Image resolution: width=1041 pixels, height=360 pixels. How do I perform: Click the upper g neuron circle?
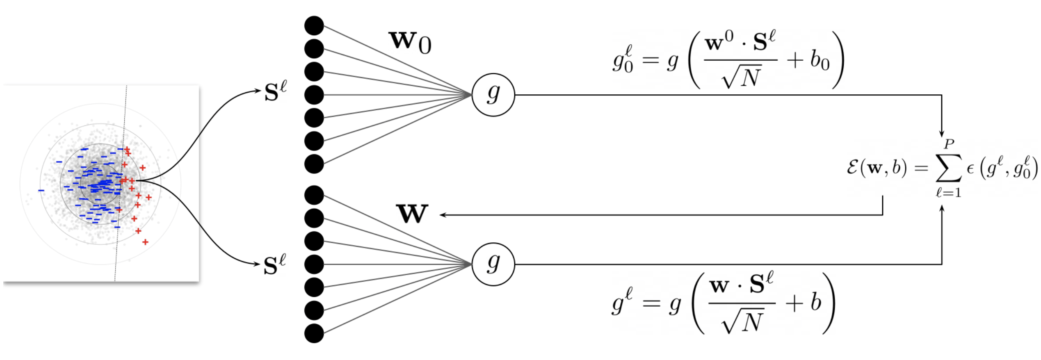tap(493, 95)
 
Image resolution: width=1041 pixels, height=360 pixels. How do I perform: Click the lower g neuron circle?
tap(493, 264)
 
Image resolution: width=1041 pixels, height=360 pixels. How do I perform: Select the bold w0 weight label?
tap(410, 42)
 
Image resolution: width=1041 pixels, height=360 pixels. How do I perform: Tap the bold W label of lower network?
tap(412, 214)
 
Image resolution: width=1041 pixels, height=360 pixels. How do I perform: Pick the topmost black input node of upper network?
tap(314, 26)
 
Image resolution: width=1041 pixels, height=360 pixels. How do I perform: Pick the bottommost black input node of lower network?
tap(314, 333)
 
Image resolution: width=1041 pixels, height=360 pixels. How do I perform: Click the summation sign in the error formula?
tap(948, 168)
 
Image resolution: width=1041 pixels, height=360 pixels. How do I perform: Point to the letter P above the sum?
tap(949, 144)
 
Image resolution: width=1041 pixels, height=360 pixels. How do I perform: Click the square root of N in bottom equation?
tap(742, 322)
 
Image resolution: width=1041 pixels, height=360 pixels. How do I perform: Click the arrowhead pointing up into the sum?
tap(942, 208)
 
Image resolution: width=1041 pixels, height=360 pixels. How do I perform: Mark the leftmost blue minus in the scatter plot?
tap(41, 190)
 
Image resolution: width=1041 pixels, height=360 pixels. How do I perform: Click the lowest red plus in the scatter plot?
tap(145, 242)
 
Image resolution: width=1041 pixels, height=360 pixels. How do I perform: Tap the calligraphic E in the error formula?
tap(853, 168)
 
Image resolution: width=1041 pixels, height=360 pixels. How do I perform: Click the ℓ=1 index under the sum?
tap(948, 193)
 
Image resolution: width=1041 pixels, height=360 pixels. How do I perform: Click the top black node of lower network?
tap(314, 195)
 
